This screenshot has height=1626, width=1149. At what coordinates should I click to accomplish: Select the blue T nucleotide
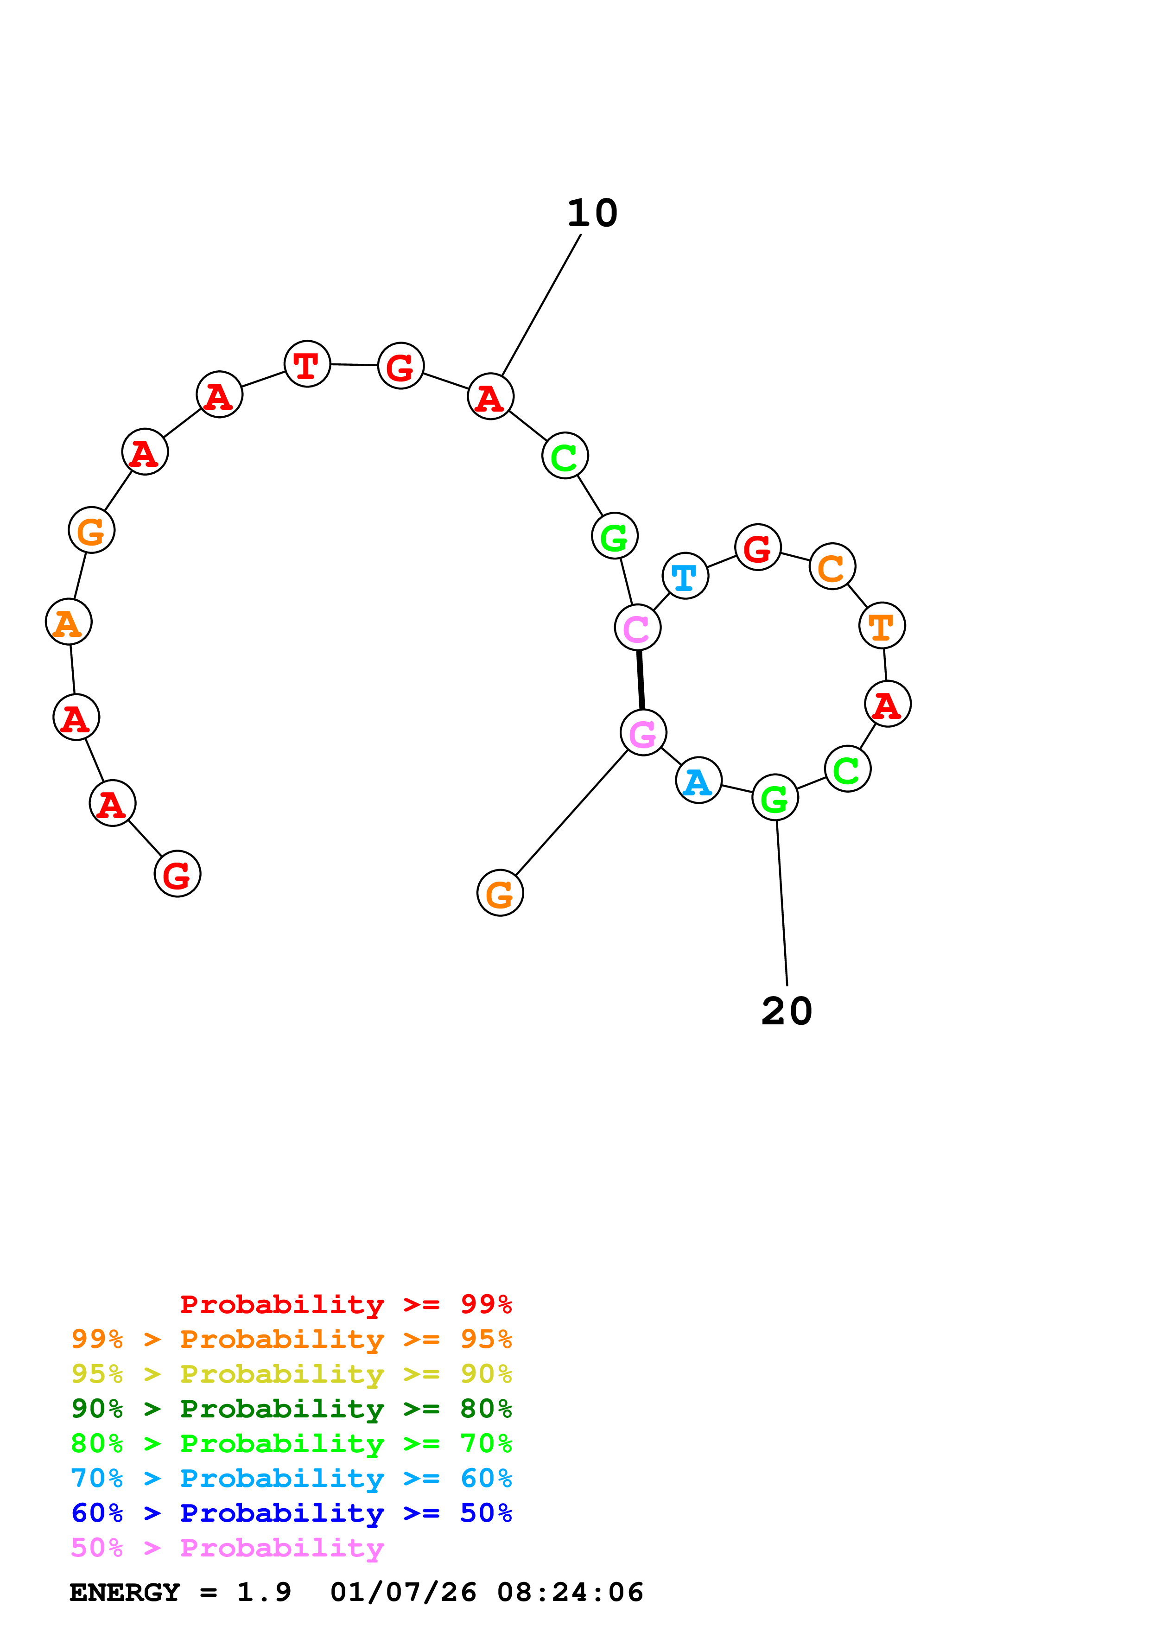(x=685, y=576)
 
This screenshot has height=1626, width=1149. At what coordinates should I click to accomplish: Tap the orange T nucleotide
(x=882, y=625)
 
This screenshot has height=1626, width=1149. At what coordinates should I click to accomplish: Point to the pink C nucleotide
(x=637, y=628)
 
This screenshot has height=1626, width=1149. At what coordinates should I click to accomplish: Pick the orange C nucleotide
(x=832, y=566)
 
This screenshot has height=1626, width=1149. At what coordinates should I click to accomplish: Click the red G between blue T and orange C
(x=757, y=547)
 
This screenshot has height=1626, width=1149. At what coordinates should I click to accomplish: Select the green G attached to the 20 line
(x=774, y=797)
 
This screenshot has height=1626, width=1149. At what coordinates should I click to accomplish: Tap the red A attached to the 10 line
(x=490, y=397)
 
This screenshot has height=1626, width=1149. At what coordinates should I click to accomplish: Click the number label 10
(x=592, y=213)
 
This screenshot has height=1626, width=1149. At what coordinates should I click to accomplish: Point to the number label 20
(x=787, y=1011)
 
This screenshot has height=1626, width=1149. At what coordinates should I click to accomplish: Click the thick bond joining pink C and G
(x=640, y=680)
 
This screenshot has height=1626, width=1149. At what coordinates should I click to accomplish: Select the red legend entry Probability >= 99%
(x=345, y=1304)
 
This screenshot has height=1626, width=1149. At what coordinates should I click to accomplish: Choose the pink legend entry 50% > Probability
(x=227, y=1548)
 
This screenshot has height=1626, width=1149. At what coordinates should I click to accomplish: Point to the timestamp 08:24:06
(x=570, y=1592)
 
